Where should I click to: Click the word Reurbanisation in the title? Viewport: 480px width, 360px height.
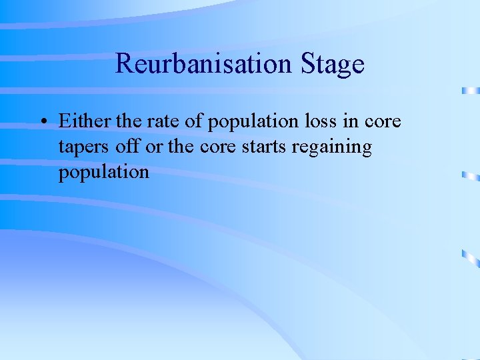203,65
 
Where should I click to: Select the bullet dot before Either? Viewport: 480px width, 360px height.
42,123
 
